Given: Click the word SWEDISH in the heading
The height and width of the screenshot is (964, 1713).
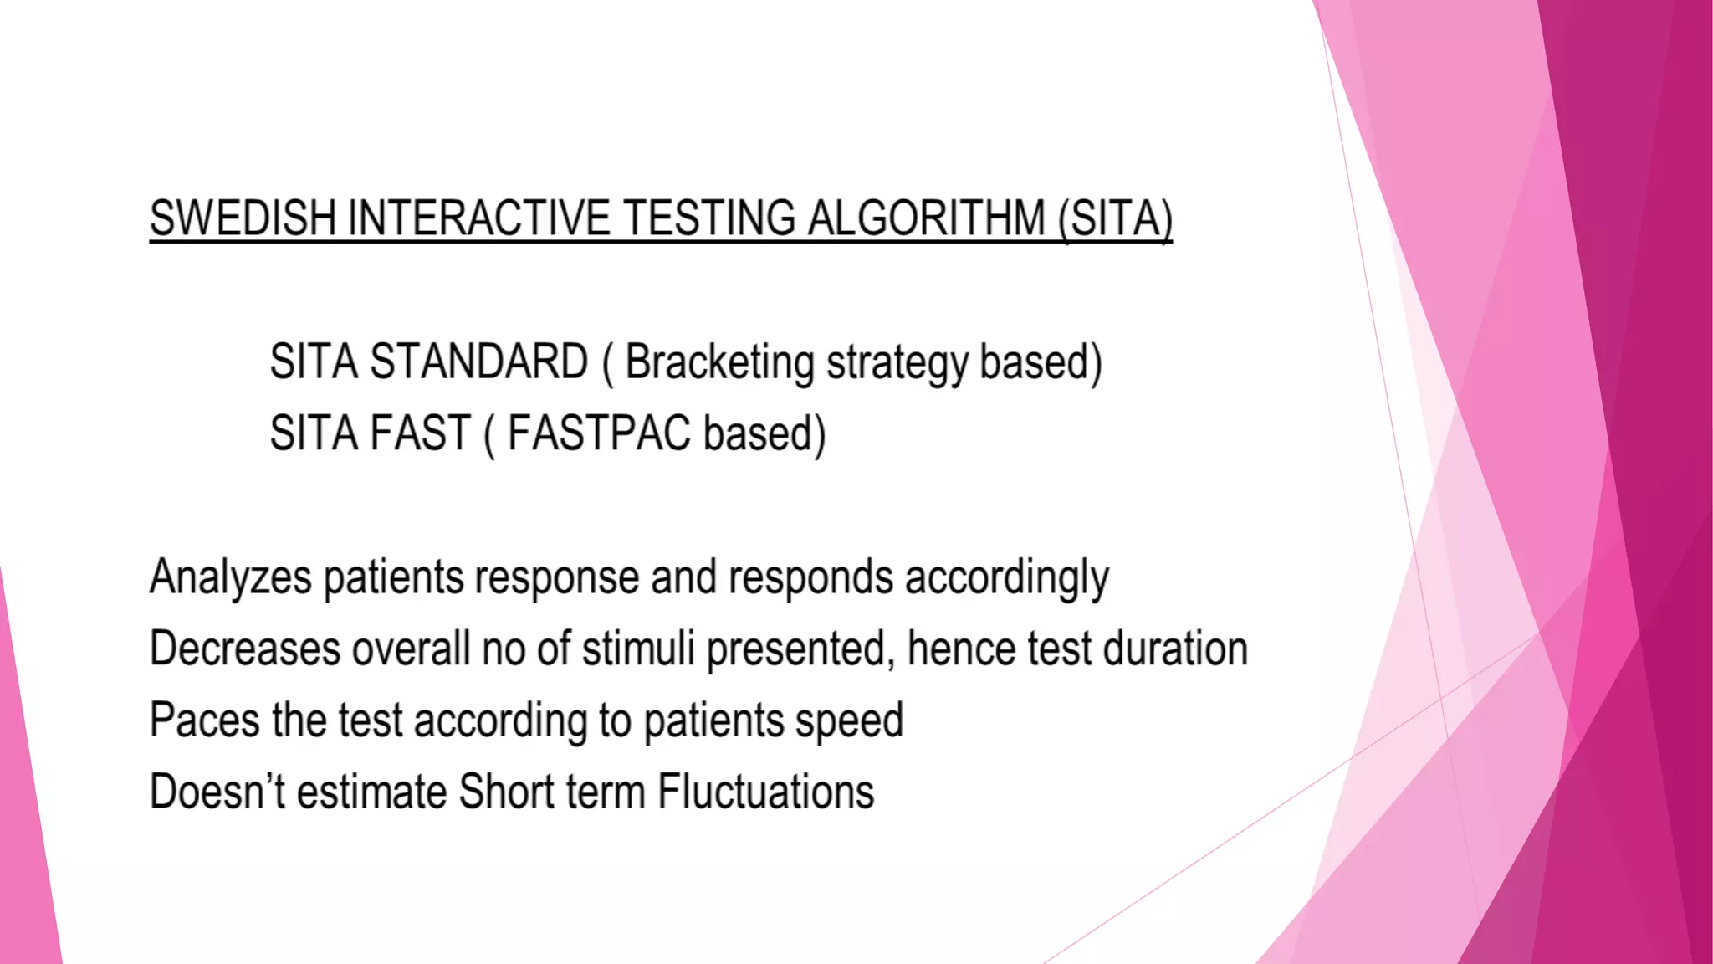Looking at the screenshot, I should click(x=243, y=218).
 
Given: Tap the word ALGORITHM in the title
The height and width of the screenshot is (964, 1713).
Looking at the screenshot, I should click(x=926, y=218).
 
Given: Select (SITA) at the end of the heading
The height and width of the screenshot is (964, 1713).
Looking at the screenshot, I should click(x=1115, y=218).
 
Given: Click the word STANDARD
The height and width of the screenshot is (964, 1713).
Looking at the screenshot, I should click(x=478, y=361).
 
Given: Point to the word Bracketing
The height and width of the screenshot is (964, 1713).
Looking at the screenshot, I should click(x=719, y=361).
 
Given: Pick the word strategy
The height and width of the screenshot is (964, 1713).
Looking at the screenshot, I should click(x=897, y=363).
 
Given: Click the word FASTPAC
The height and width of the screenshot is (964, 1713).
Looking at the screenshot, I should click(x=599, y=433).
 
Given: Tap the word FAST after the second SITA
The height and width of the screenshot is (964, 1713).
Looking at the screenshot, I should click(x=421, y=433).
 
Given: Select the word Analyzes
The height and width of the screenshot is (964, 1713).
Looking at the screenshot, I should click(x=230, y=577).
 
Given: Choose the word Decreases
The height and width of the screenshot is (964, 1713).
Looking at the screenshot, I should click(x=245, y=649).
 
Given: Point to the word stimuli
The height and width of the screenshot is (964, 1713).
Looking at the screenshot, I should click(x=638, y=649).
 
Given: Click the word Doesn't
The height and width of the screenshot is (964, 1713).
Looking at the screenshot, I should click(x=217, y=792).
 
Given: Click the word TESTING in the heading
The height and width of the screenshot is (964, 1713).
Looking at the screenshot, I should click(x=709, y=218).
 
